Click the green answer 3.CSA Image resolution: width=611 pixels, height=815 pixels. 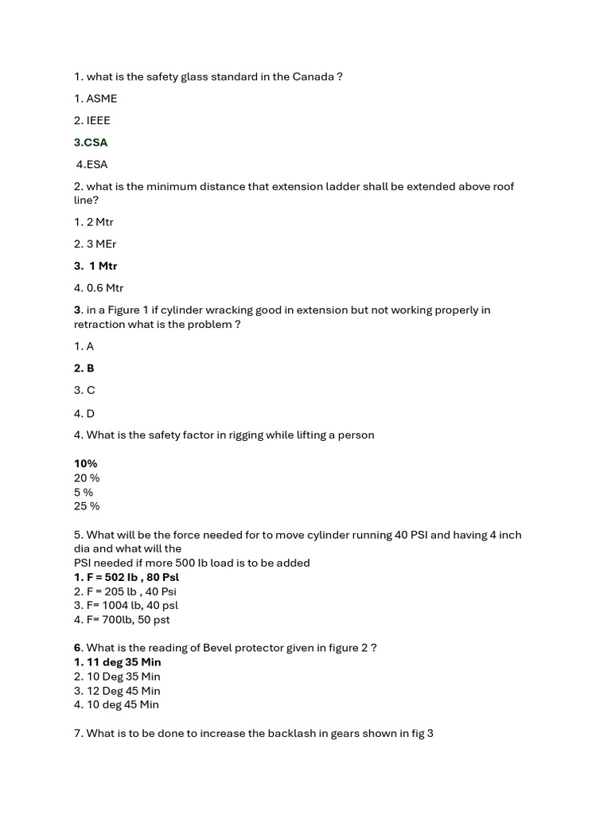(91, 142)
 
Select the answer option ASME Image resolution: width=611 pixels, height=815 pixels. (95, 99)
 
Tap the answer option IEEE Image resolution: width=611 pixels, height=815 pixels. (92, 121)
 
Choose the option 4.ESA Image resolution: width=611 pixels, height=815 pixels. (92, 165)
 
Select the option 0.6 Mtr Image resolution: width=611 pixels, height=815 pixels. (99, 288)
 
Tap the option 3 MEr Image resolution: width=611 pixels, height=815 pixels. (95, 244)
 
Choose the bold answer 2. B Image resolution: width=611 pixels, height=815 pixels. (84, 369)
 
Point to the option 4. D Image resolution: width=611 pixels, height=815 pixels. (84, 413)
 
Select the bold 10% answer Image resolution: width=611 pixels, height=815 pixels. (86, 463)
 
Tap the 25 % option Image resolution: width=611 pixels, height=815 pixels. (87, 506)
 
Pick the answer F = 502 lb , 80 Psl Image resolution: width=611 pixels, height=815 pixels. (126, 577)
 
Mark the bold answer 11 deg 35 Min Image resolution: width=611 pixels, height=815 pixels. (118, 662)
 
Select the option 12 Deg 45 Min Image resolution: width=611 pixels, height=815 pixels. (117, 691)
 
